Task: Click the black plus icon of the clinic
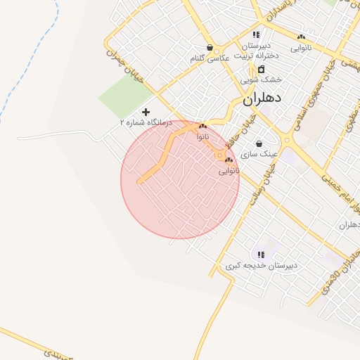[x=146, y=112]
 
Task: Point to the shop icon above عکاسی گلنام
[x=210, y=48]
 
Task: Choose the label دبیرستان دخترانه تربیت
[x=257, y=50]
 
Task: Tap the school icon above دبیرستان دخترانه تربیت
[x=257, y=34]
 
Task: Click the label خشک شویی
[x=261, y=79]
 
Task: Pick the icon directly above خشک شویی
[x=261, y=70]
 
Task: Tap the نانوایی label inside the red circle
[x=229, y=170]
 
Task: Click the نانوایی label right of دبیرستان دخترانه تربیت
[x=301, y=47]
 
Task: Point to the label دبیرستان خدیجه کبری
[x=261, y=265]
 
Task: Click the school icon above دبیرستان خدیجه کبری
[x=261, y=255]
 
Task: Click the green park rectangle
[x=126, y=96]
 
